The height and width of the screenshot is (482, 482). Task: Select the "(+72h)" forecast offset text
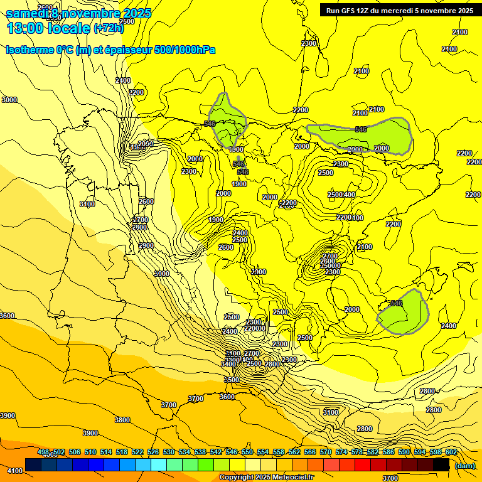pos(109,28)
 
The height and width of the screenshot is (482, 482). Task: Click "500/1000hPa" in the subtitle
pos(185,50)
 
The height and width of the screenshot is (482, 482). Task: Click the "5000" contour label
pos(162,274)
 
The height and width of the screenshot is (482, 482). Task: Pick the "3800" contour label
pos(122,420)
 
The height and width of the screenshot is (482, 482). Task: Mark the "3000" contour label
pos(9,100)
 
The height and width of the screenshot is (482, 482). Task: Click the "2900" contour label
pos(146,245)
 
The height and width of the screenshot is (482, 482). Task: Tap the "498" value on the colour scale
pos(43,453)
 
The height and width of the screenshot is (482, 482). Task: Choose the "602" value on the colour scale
pos(451,453)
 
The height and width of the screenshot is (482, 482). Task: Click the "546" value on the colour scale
pos(232,453)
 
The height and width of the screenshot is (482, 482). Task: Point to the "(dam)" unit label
pos(465,466)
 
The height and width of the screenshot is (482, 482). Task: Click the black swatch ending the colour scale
pos(441,464)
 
